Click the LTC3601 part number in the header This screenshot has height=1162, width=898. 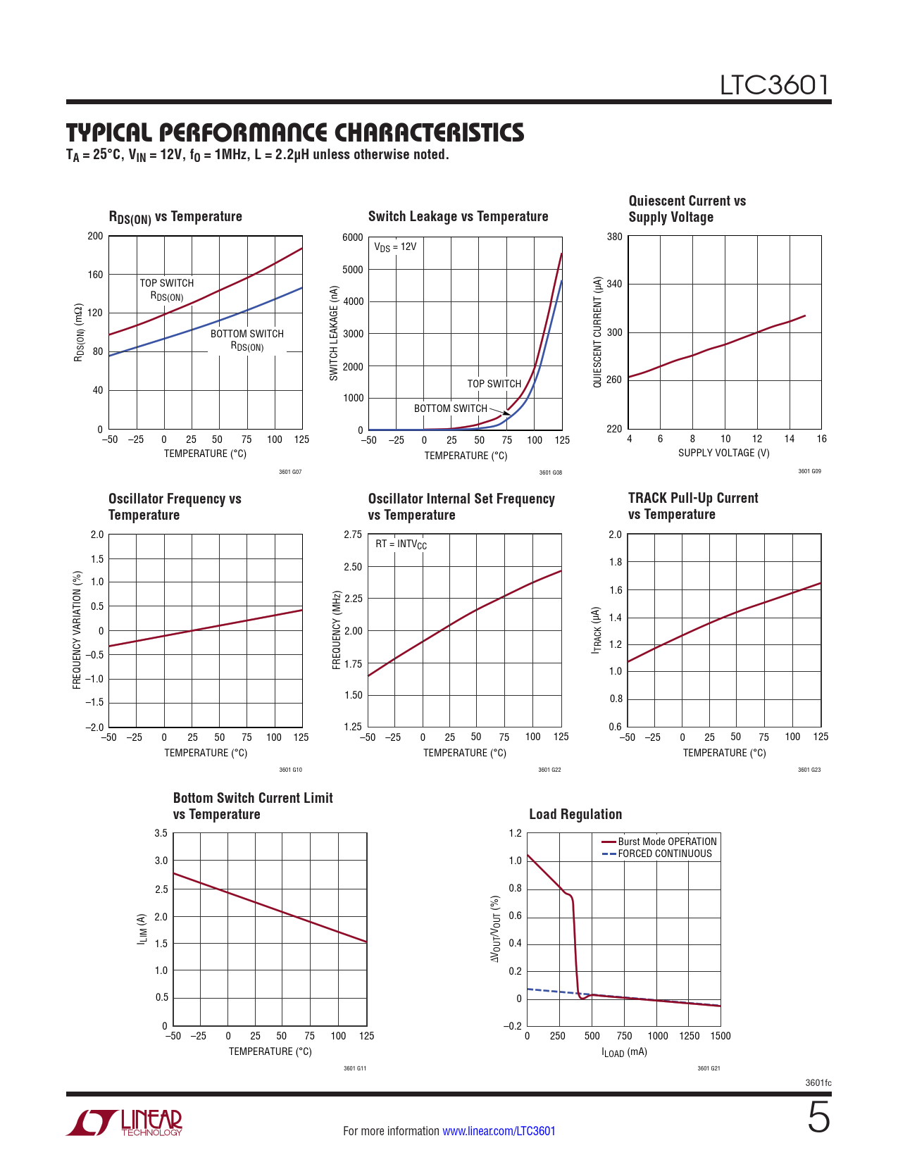point(774,85)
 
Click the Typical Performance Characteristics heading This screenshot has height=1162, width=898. point(295,132)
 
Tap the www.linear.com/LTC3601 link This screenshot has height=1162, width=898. point(499,1131)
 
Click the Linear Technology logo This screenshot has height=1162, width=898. point(125,1123)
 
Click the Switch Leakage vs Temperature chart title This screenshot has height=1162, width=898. point(458,217)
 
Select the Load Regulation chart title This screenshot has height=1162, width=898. point(575,815)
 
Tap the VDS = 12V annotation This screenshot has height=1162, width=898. point(395,247)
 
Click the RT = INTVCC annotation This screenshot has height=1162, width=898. point(401,544)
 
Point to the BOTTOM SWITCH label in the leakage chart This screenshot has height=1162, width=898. point(451,408)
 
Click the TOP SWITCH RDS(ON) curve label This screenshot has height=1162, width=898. point(167,289)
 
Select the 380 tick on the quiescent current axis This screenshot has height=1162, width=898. point(615,237)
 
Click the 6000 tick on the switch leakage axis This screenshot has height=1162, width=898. point(353,237)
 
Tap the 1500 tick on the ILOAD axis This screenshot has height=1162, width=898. point(721,1036)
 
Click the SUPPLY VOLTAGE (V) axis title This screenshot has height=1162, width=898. point(724,453)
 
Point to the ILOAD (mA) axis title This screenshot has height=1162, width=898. point(624,1052)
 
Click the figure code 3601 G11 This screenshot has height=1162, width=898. point(355,1068)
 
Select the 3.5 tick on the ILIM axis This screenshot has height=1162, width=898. point(161,833)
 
